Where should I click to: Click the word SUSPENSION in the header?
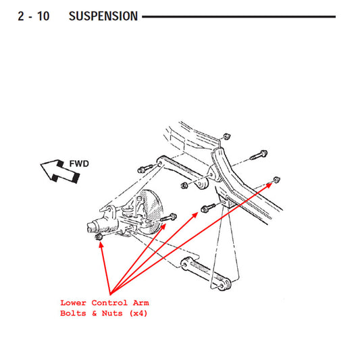(103, 16)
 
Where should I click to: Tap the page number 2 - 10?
(34, 16)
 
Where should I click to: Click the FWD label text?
(79, 163)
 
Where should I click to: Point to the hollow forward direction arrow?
(60, 172)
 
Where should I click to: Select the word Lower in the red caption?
(73, 303)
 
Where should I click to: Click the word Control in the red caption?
(109, 303)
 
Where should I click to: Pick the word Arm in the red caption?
(141, 303)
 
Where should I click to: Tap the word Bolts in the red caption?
(73, 313)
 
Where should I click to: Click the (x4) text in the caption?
(138, 313)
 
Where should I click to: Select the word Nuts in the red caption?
(112, 313)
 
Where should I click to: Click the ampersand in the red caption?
(94, 313)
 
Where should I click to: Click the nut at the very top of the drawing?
(227, 136)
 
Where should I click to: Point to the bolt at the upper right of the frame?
(259, 155)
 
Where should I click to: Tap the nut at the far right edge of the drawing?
(276, 180)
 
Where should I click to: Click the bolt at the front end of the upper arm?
(145, 169)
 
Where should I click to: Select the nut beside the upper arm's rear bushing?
(184, 185)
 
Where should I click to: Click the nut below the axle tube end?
(99, 236)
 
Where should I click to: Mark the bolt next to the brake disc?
(168, 217)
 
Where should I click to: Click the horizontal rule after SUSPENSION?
(239, 16)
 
